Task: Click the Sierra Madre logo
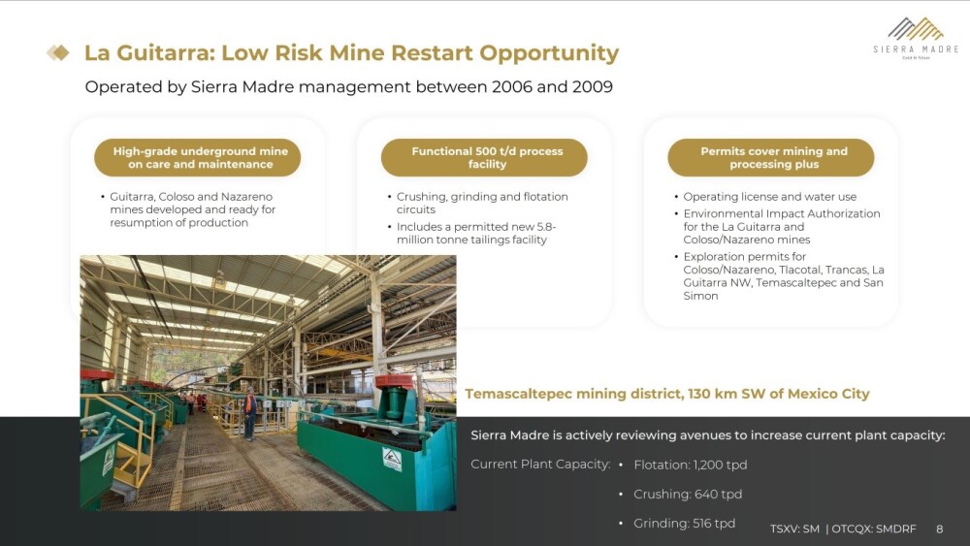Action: point(916,38)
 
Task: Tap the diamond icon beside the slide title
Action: point(58,52)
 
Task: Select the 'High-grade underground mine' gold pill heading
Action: point(197,158)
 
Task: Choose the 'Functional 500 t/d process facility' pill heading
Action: point(484,158)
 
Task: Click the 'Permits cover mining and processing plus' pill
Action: point(771,158)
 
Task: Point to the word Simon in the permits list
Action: point(700,296)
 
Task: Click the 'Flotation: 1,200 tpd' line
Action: point(691,465)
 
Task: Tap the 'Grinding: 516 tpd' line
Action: point(684,523)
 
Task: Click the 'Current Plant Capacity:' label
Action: point(540,465)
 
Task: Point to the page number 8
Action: point(939,529)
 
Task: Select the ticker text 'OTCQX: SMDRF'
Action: point(874,529)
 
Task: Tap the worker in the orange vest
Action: point(250,414)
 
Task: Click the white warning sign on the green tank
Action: point(392,460)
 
